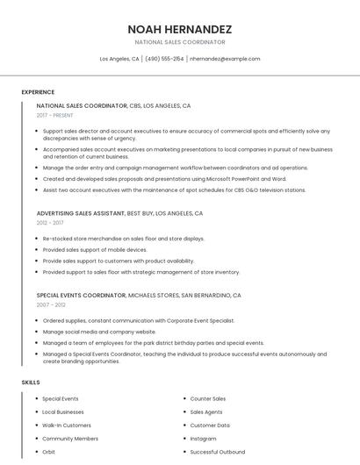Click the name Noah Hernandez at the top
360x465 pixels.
179,29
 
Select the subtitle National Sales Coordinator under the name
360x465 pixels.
179,42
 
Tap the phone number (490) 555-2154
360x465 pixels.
164,59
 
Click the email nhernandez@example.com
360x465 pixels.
225,59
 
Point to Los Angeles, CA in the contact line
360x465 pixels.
119,59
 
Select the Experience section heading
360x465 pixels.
38,91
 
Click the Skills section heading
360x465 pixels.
31,383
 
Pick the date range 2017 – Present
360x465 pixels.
55,115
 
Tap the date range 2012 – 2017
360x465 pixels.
50,223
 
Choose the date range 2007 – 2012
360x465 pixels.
51,305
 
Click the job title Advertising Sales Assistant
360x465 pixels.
81,213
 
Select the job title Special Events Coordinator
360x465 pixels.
81,296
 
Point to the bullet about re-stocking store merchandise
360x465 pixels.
123,239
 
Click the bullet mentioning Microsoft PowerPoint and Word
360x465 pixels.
164,178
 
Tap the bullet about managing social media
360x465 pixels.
99,332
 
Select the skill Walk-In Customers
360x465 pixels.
67,426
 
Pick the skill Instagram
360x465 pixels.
203,439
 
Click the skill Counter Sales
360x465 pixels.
208,398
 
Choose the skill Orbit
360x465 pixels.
48,452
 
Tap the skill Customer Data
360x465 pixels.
210,426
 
